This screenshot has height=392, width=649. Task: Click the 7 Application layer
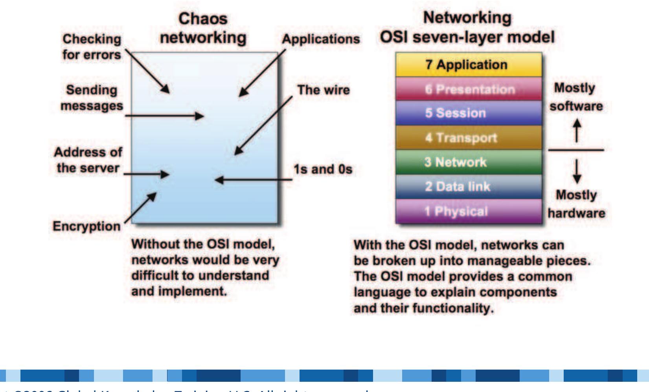[468, 64]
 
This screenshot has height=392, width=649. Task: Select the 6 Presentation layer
[469, 89]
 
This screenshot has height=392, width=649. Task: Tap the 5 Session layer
[468, 113]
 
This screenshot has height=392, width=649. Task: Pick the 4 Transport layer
[468, 138]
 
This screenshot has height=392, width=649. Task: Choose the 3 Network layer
[468, 162]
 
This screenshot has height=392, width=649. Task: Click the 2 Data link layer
[468, 186]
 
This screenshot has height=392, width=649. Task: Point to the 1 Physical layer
[468, 211]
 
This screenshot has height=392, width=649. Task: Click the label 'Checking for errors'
[92, 47]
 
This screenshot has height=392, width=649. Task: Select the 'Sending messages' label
[92, 98]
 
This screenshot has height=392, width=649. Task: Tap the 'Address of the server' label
[88, 160]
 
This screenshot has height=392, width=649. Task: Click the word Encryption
[87, 226]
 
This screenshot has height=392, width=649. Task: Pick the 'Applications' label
[321, 39]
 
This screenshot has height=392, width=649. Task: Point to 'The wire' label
[323, 90]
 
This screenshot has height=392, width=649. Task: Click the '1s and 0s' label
[323, 169]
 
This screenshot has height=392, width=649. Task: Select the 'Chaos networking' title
[203, 28]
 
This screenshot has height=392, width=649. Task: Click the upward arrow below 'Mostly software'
[576, 130]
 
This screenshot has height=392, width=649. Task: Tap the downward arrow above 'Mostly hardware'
[576, 170]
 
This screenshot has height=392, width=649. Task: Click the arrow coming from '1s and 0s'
[254, 180]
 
